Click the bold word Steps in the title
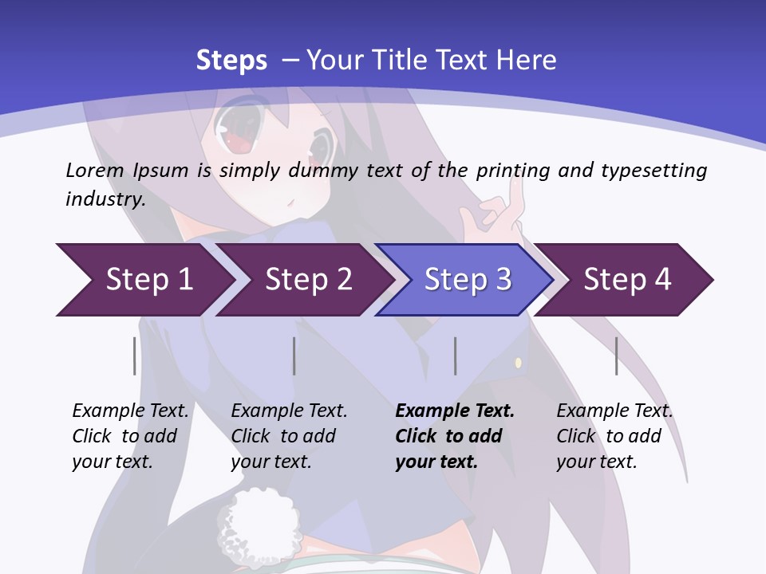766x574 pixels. [231, 60]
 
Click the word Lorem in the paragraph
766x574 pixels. [95, 170]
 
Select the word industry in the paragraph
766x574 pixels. [105, 199]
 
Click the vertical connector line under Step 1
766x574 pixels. [134, 356]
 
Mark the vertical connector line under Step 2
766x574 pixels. [294, 356]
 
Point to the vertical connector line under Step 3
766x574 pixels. [455, 356]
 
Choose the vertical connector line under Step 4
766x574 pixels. [616, 356]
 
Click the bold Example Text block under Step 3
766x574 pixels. [454, 436]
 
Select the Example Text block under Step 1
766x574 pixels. [130, 436]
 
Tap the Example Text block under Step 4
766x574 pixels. [614, 436]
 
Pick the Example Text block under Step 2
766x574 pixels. [289, 436]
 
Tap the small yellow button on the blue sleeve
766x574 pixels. [518, 364]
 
